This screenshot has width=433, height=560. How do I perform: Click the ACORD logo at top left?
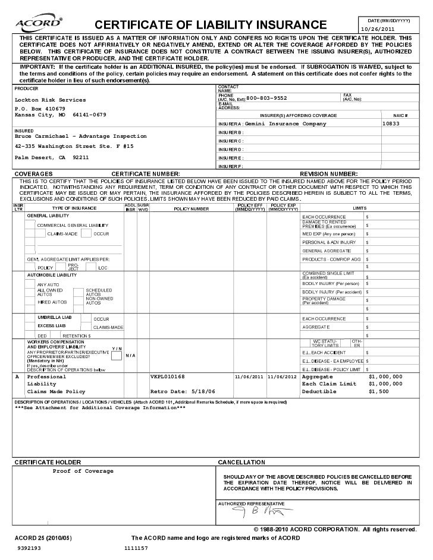tap(36, 23)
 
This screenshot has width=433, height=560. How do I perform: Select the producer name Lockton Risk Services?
tap(50, 100)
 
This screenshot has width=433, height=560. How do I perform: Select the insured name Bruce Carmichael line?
tap(80, 136)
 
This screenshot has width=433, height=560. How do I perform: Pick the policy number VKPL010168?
tap(168, 377)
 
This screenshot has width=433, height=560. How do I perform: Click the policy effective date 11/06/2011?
tap(249, 377)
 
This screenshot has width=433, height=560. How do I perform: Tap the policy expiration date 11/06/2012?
tap(283, 377)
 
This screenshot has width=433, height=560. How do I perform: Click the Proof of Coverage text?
tap(83, 471)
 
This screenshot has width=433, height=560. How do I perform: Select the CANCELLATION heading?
tap(241, 461)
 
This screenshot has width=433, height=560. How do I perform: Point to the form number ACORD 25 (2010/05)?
tap(42, 537)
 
